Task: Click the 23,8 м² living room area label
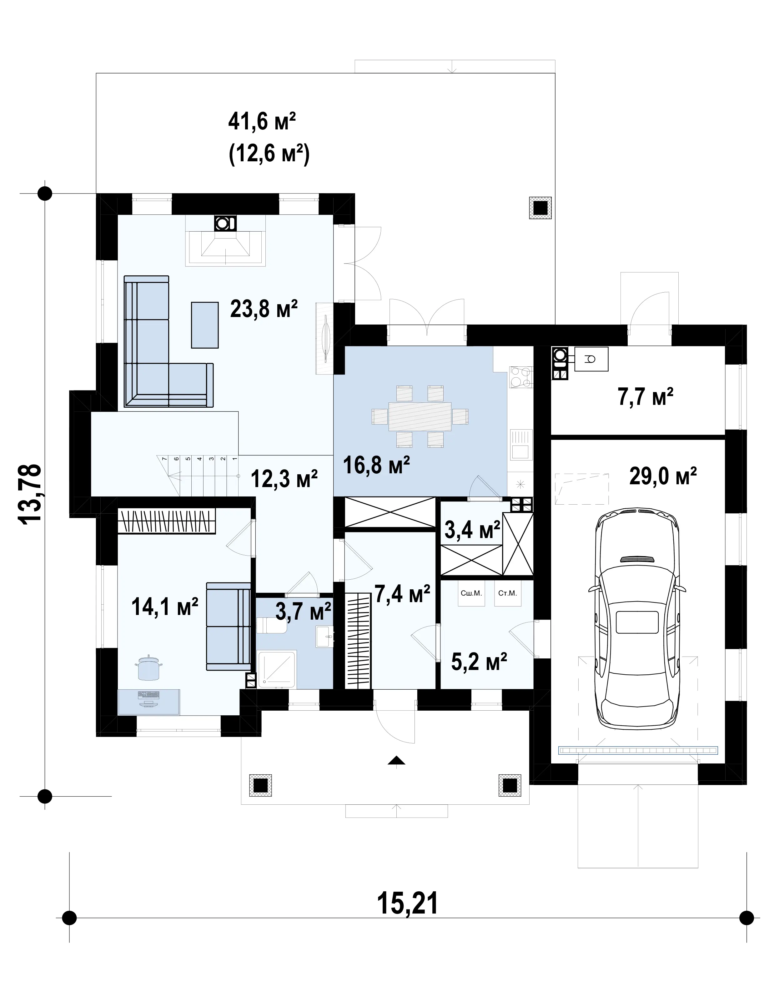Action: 264,309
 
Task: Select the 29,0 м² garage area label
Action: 663,476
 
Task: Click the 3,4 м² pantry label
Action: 472,530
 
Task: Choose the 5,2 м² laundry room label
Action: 479,662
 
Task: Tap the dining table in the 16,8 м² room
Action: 420,416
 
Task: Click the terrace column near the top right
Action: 540,208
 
